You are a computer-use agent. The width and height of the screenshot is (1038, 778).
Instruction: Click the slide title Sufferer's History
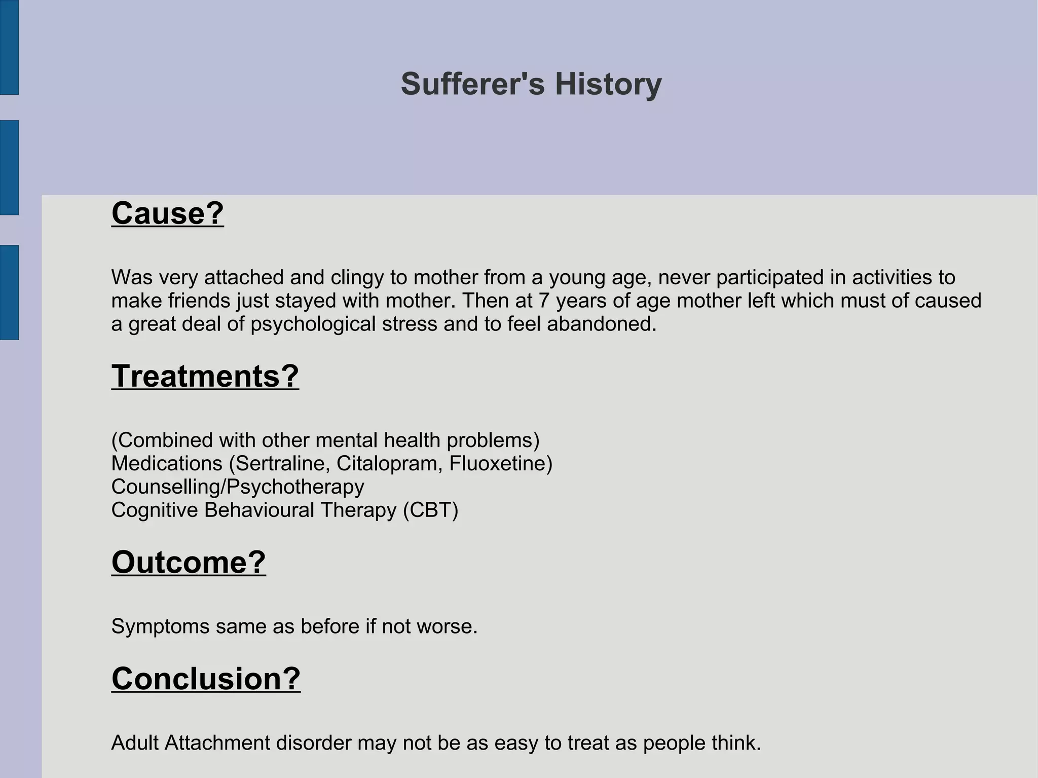[531, 84]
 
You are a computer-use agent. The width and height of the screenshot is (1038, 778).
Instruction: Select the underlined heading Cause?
[167, 213]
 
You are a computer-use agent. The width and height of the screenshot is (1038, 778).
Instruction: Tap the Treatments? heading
[205, 377]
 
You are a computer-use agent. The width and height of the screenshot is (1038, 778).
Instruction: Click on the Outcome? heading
[189, 563]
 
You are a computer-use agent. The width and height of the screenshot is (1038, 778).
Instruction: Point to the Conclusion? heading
[206, 679]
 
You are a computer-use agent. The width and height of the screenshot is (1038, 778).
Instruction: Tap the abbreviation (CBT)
[430, 510]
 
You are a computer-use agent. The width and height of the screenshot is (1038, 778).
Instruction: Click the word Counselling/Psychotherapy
[237, 487]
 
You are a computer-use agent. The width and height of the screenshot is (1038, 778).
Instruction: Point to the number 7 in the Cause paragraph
[543, 301]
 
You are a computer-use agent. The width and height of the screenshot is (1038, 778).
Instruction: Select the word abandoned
[601, 324]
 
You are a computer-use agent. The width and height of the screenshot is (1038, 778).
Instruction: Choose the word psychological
[313, 324]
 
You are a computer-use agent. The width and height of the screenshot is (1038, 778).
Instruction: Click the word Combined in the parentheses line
[165, 440]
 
